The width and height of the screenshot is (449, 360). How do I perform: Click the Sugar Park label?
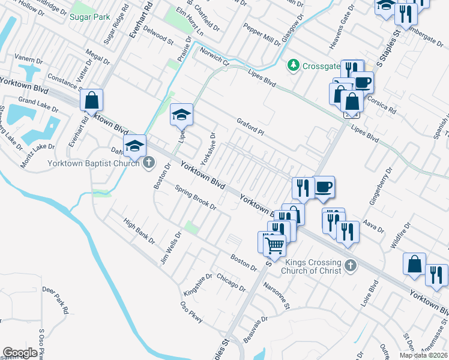click(89, 17)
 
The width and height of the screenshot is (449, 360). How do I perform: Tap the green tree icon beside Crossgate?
click(294, 64)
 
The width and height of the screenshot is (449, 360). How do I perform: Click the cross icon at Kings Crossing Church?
click(351, 265)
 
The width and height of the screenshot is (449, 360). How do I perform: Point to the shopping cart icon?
click(274, 244)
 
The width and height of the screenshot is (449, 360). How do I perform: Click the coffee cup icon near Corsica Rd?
click(363, 82)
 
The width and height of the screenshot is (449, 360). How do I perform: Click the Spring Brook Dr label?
click(196, 197)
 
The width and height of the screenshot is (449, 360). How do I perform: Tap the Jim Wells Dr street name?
click(170, 248)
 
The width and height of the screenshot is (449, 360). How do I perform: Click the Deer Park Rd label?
click(54, 300)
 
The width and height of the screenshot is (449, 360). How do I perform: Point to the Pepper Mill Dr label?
click(262, 35)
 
